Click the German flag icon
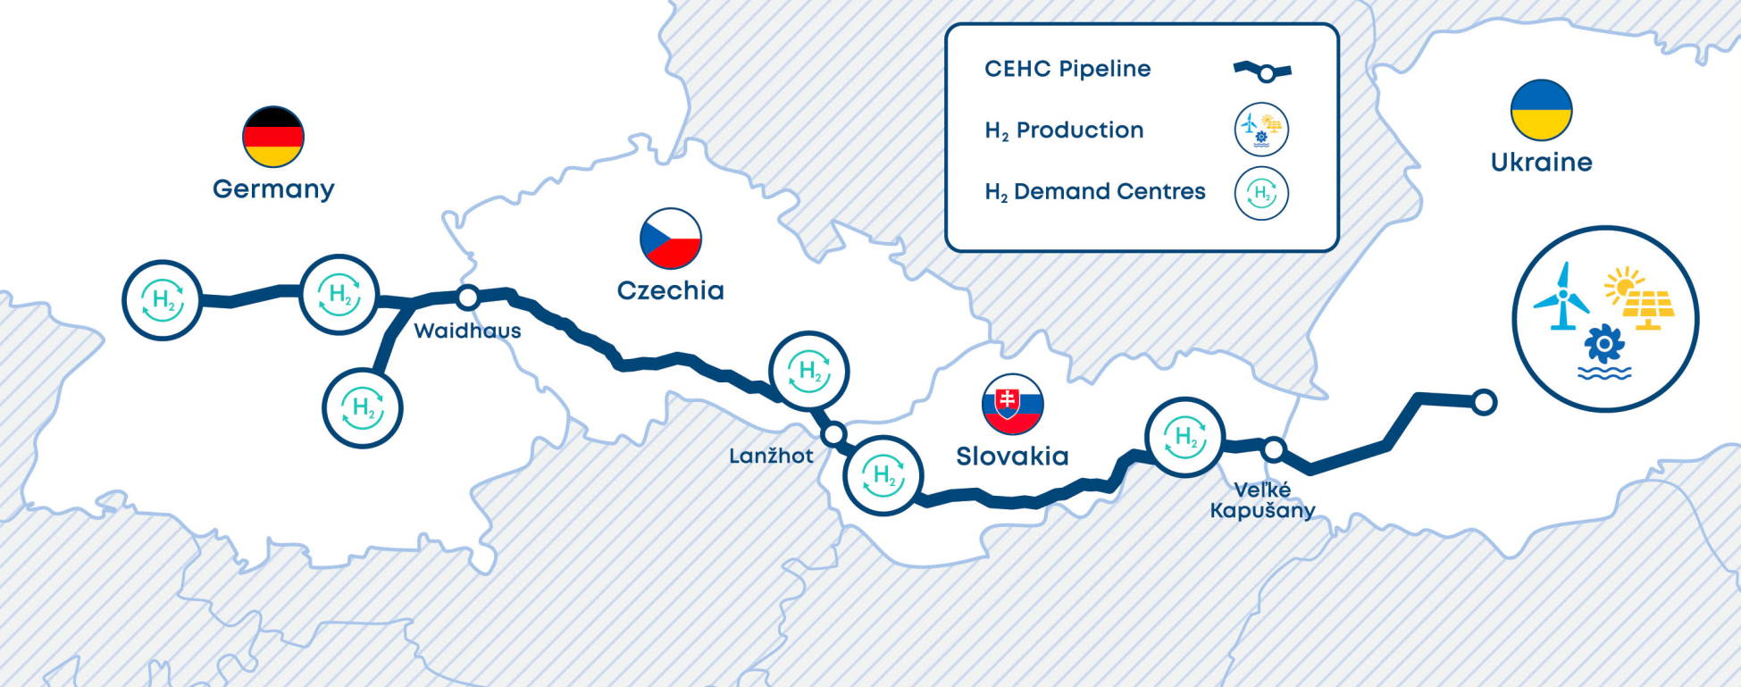point(273,137)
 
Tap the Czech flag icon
point(671,239)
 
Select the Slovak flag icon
point(1012,404)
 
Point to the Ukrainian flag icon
point(1541,110)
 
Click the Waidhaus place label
point(467,331)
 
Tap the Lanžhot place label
point(771,456)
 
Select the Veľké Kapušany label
point(1262,500)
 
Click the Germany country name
point(273,189)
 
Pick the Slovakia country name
point(1012,457)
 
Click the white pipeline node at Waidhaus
point(468,297)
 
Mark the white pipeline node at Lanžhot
point(833,435)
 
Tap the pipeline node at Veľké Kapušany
point(1274,449)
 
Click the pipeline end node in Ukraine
point(1484,402)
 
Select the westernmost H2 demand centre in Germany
point(163,300)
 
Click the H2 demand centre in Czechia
point(809,372)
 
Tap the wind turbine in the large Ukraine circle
point(1561,297)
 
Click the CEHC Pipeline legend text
point(1067,69)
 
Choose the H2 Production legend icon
point(1261,130)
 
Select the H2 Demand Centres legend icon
point(1261,193)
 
